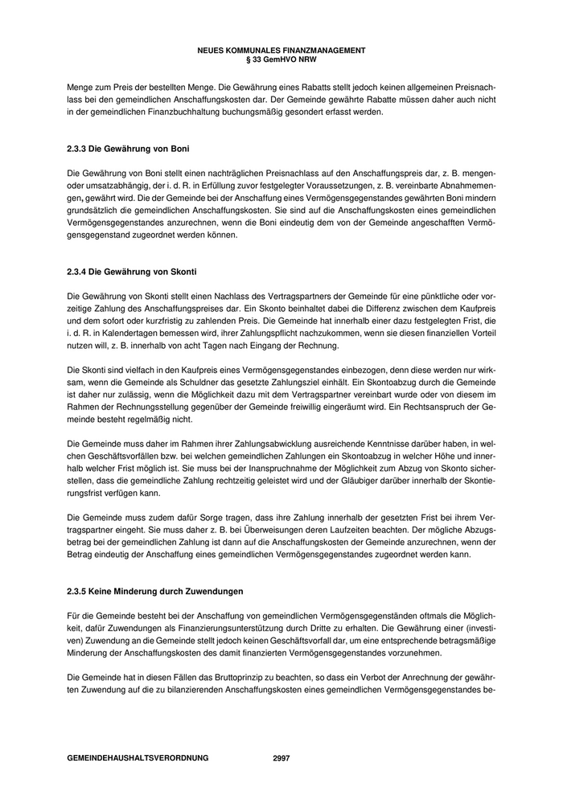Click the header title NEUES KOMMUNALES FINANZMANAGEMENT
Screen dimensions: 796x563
point(281,51)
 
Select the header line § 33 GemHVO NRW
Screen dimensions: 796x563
point(281,59)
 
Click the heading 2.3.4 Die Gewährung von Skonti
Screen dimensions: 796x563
point(132,272)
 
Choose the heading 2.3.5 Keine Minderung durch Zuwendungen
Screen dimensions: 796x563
point(154,592)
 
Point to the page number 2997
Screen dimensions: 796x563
point(281,758)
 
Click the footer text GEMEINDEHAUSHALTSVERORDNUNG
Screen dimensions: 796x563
point(138,758)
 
